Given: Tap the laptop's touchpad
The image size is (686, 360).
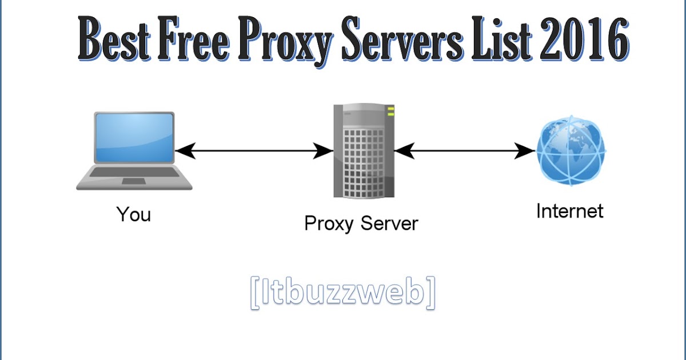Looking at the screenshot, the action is (134, 181).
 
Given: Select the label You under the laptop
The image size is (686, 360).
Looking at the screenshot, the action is (134, 214).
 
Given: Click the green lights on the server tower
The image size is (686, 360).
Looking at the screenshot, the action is (391, 111).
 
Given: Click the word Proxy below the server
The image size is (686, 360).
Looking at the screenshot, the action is (328, 223).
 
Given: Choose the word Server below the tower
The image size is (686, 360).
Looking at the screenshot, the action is (390, 223).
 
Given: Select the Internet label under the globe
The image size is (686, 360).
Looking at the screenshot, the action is (569, 211).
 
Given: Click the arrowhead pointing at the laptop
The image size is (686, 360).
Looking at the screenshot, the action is (184, 151).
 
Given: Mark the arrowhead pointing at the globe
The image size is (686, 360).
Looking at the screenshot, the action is (526, 151).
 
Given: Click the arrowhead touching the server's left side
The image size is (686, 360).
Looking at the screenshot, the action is (324, 151).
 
